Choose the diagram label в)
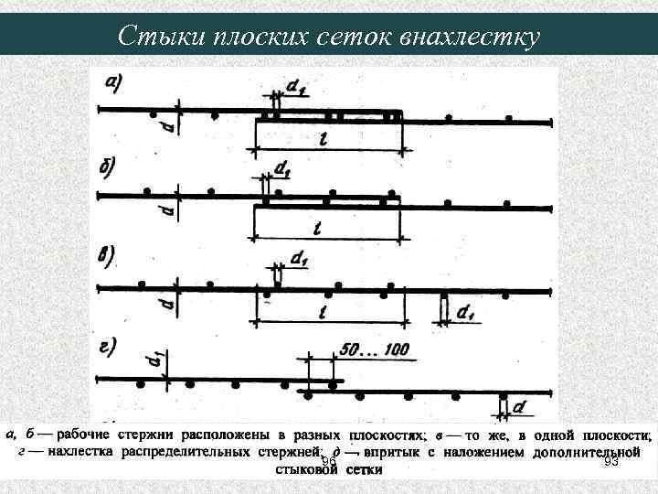coord(108,255)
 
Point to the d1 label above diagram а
coord(295,85)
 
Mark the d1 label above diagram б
coord(283,171)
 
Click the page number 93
coord(611,462)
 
